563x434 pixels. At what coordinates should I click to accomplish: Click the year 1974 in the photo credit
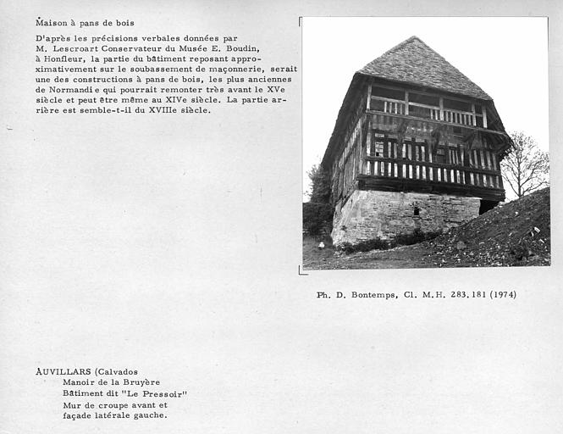tap(500, 295)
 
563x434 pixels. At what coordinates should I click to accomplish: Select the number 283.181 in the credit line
tap(455, 295)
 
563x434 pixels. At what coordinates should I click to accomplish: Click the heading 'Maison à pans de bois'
tap(85, 23)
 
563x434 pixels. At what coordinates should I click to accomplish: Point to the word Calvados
tap(118, 371)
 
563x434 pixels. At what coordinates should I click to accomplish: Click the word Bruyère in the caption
tap(139, 382)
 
